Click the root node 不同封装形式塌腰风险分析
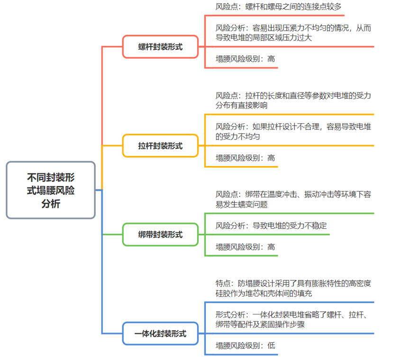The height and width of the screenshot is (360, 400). coord(51,190)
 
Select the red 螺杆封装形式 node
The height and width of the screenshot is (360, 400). coord(160,46)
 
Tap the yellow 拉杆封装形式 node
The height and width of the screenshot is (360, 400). coord(160,146)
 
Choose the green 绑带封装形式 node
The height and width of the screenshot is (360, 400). coord(160,234)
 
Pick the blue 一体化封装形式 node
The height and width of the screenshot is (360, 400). coord(160,333)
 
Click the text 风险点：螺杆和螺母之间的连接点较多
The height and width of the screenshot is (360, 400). coord(278,7)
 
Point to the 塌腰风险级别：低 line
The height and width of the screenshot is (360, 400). coord(245,345)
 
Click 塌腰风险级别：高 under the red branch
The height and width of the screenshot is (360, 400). coord(245,59)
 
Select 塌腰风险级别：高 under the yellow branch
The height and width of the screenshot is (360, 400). coord(245,157)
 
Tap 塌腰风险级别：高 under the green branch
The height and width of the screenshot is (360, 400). coord(245,247)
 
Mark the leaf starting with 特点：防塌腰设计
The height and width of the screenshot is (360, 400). coord(293,288)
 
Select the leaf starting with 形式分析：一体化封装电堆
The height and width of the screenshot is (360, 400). coord(293,319)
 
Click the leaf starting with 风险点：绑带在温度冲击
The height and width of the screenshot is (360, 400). coord(293,199)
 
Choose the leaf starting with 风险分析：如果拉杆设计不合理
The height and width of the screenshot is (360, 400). coord(293,131)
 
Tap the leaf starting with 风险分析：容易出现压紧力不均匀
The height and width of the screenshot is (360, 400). coord(293,33)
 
